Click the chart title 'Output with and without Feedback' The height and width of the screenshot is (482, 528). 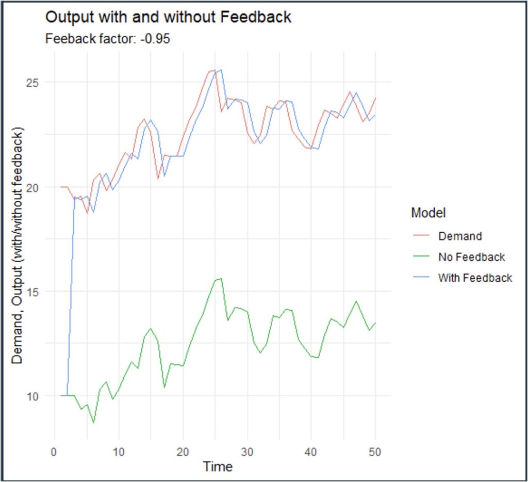click(x=169, y=17)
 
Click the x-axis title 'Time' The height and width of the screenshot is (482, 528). click(x=218, y=467)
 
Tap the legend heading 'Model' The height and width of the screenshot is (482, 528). click(x=428, y=213)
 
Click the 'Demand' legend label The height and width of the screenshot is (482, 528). click(x=460, y=236)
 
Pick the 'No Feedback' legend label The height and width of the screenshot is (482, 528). click(x=471, y=257)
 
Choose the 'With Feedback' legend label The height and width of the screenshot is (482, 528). click(x=475, y=278)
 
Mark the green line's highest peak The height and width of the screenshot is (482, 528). click(x=221, y=279)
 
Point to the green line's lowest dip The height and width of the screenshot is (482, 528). click(x=93, y=423)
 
